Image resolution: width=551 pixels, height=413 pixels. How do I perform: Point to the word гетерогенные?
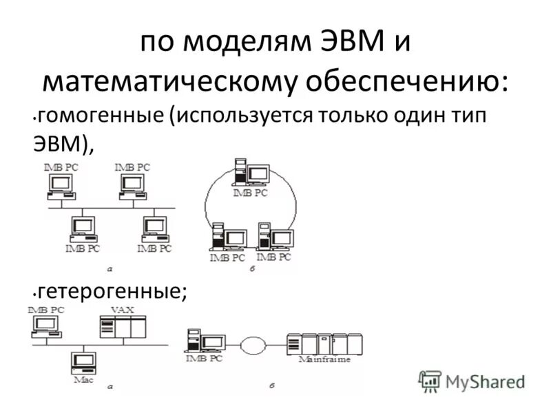(112, 290)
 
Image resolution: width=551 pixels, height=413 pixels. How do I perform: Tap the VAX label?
(123, 310)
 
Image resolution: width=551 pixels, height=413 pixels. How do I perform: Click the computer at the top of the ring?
(251, 172)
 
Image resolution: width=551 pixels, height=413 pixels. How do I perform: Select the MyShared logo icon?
(430, 381)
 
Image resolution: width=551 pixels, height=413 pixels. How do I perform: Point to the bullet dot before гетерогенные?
(34, 293)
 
